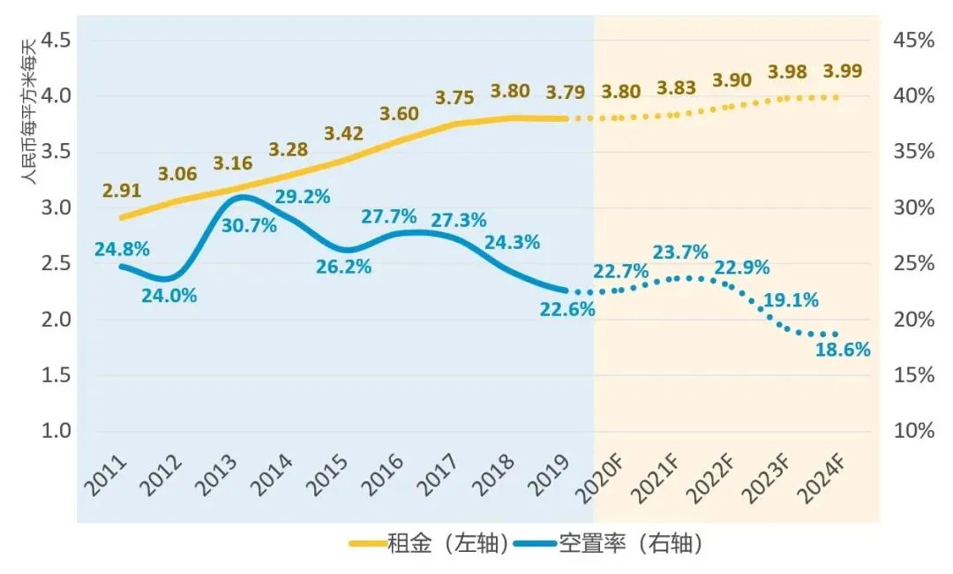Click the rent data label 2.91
click(x=122, y=190)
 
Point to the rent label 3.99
click(x=843, y=72)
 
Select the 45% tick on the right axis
click(x=909, y=40)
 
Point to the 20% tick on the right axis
click(x=909, y=320)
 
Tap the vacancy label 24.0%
click(x=169, y=296)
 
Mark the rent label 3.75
click(x=454, y=98)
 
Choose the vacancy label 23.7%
click(x=680, y=253)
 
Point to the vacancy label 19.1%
click(x=791, y=299)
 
